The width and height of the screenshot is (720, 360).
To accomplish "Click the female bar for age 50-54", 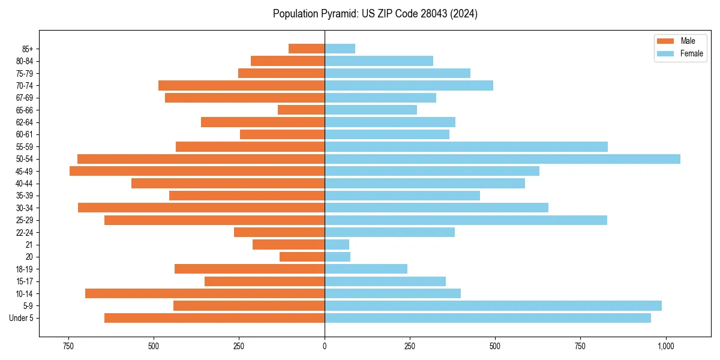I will point(502,159).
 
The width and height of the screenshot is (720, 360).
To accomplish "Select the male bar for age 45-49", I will point(197,171).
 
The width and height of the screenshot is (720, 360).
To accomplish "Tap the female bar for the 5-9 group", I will point(493,306).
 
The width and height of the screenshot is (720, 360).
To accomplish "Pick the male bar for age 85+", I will point(307,49).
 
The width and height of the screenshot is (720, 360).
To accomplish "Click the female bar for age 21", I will point(337,245).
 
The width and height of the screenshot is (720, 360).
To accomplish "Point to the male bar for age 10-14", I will point(205,293).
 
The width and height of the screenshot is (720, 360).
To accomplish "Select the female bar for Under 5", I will point(487,318).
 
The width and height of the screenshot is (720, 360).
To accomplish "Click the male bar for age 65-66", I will point(301,110).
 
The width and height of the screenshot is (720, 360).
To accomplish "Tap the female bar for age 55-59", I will point(466,146).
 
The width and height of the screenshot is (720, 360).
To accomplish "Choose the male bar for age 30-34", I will point(201,208).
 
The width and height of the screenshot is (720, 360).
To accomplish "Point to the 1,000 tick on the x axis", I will point(665,346).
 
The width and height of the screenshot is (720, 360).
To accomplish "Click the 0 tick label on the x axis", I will point(325,346).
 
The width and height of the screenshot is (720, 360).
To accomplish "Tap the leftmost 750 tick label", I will point(68,346).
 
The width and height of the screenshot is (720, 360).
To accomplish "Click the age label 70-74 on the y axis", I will point(25,86).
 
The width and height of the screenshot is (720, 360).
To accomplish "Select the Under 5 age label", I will point(22,318).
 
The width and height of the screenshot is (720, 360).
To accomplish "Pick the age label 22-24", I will point(25,233).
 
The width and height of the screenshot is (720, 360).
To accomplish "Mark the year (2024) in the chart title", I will point(465,14).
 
